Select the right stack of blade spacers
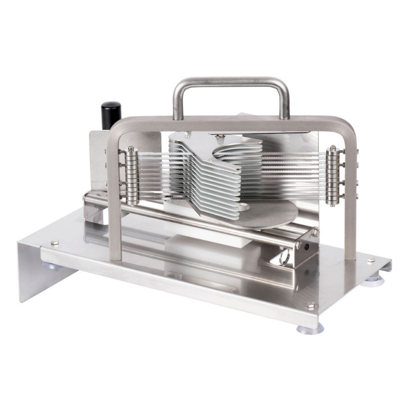[333, 176]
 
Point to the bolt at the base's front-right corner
[310, 305]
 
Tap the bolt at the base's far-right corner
[370, 260]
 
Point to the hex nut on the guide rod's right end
[298, 245]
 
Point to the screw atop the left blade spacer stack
[131, 149]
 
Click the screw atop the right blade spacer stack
[333, 148]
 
